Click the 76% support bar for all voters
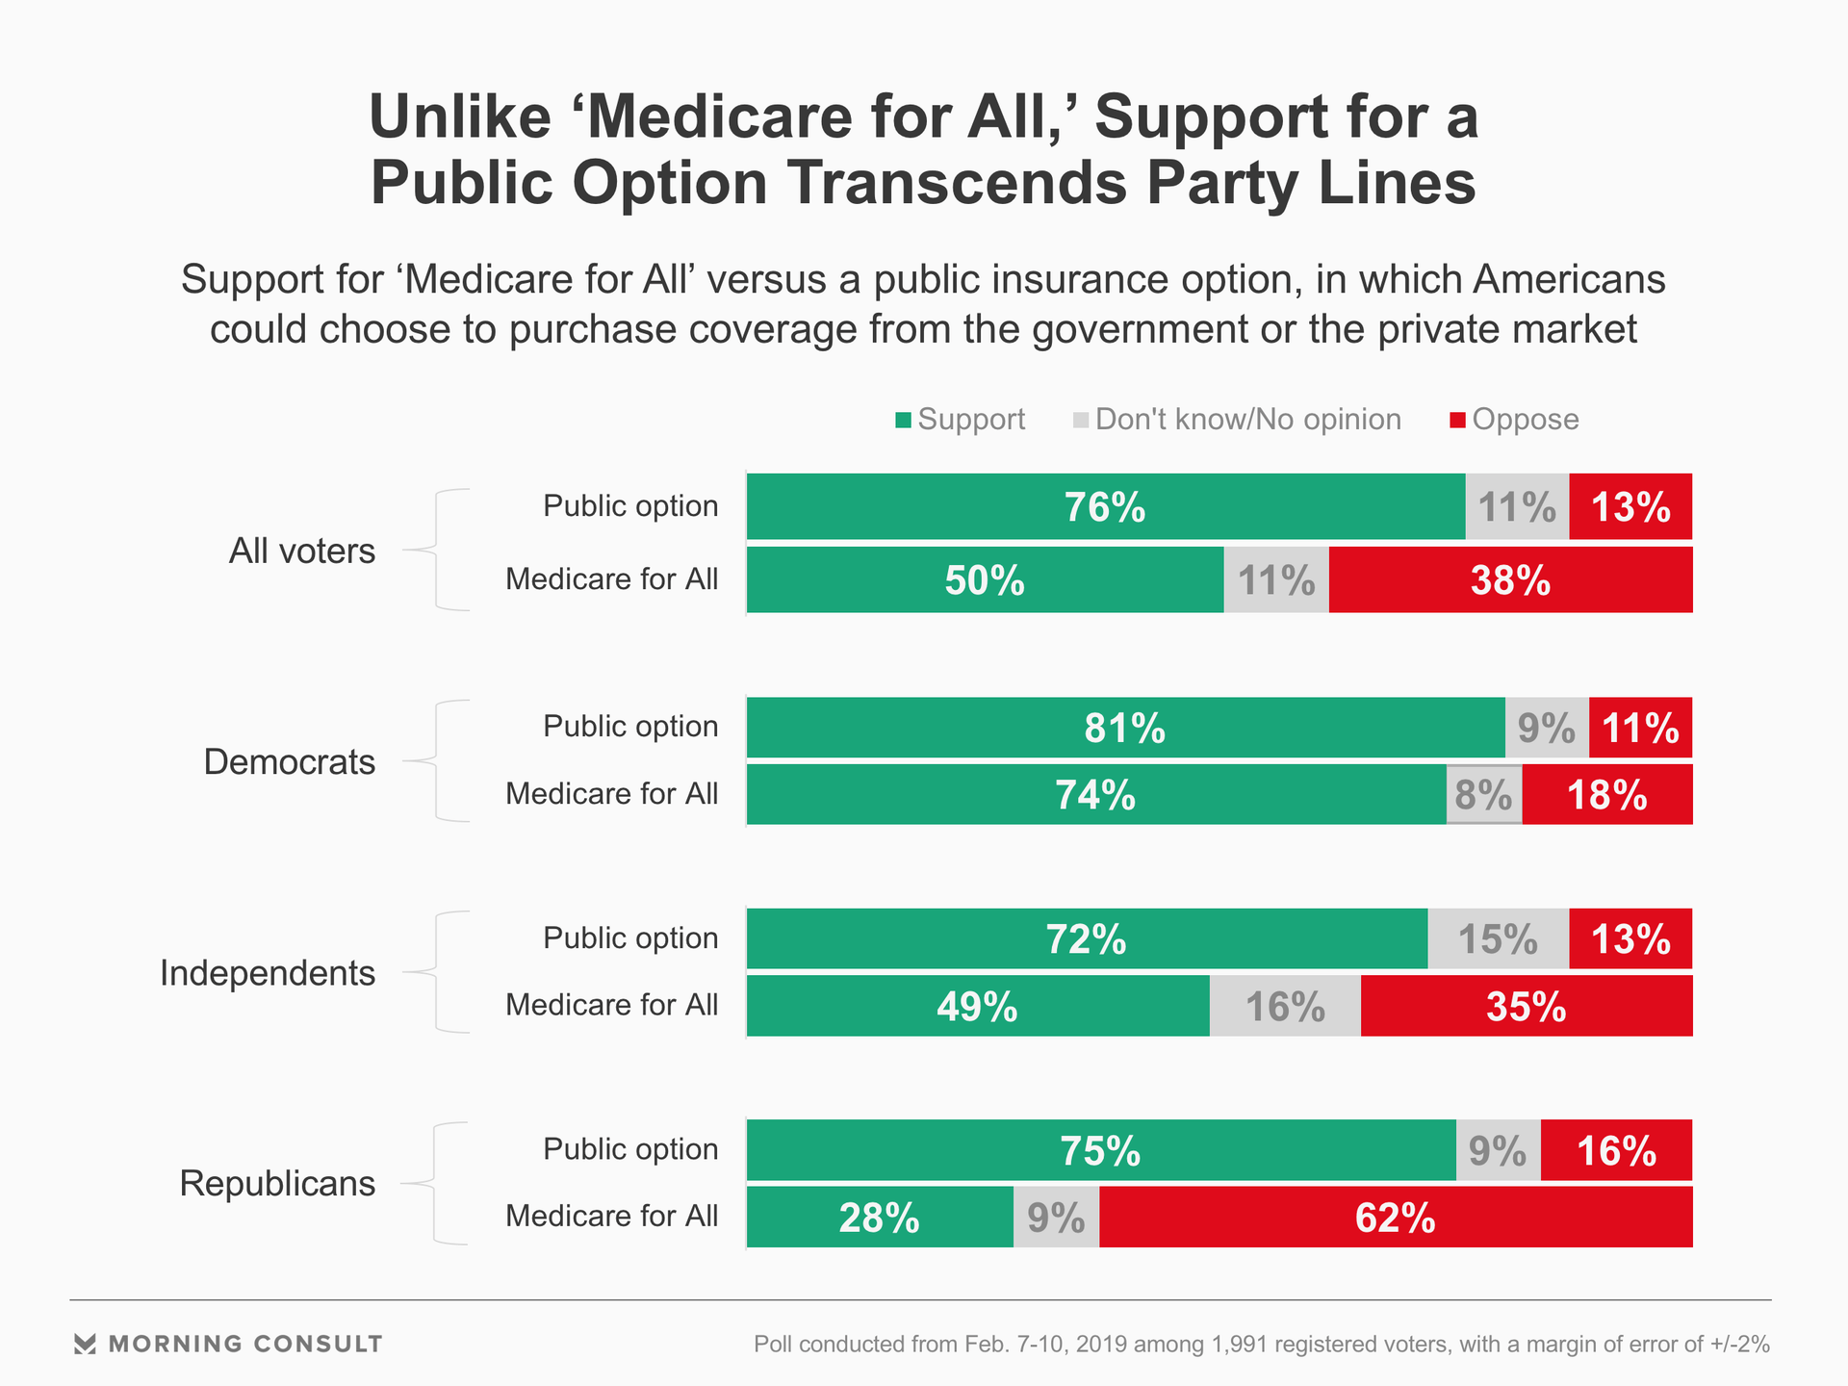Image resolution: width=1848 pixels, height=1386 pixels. [1105, 506]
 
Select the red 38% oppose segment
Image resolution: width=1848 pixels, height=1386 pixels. [1510, 580]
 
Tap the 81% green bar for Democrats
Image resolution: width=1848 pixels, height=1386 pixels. [1125, 728]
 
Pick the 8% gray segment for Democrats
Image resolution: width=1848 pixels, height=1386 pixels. [1483, 795]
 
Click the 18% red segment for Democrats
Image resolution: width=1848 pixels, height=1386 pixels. [1606, 795]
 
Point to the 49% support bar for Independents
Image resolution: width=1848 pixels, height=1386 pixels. [977, 1007]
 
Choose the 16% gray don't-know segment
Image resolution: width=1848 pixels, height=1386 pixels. [1285, 1007]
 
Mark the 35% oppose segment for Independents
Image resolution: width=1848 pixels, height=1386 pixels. [1526, 1007]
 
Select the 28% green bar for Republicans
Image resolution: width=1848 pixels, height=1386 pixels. [879, 1218]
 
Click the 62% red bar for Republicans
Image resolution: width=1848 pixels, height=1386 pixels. [1395, 1218]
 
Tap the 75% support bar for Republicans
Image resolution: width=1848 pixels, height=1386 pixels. [1100, 1150]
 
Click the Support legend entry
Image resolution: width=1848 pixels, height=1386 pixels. [960, 420]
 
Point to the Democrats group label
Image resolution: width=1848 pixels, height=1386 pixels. [289, 761]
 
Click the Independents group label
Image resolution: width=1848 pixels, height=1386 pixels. [268, 973]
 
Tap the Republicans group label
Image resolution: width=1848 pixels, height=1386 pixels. [277, 1183]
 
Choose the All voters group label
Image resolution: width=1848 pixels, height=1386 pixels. [301, 551]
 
